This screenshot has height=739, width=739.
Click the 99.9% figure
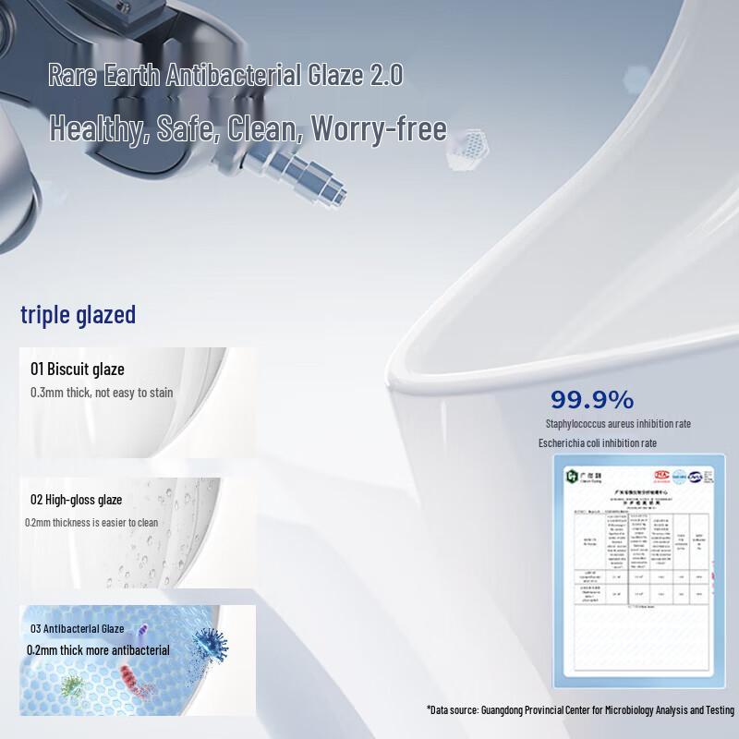tap(592, 400)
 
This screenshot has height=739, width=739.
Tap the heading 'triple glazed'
tap(79, 315)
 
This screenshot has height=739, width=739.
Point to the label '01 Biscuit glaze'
tap(78, 369)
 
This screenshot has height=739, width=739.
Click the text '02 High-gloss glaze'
tap(76, 500)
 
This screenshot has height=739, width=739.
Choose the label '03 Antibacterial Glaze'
tap(78, 628)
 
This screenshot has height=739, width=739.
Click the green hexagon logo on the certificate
tap(573, 476)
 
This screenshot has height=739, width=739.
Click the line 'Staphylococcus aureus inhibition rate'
tap(618, 424)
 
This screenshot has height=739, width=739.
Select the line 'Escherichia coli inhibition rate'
tap(598, 443)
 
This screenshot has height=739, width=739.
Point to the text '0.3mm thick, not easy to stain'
tap(102, 393)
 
